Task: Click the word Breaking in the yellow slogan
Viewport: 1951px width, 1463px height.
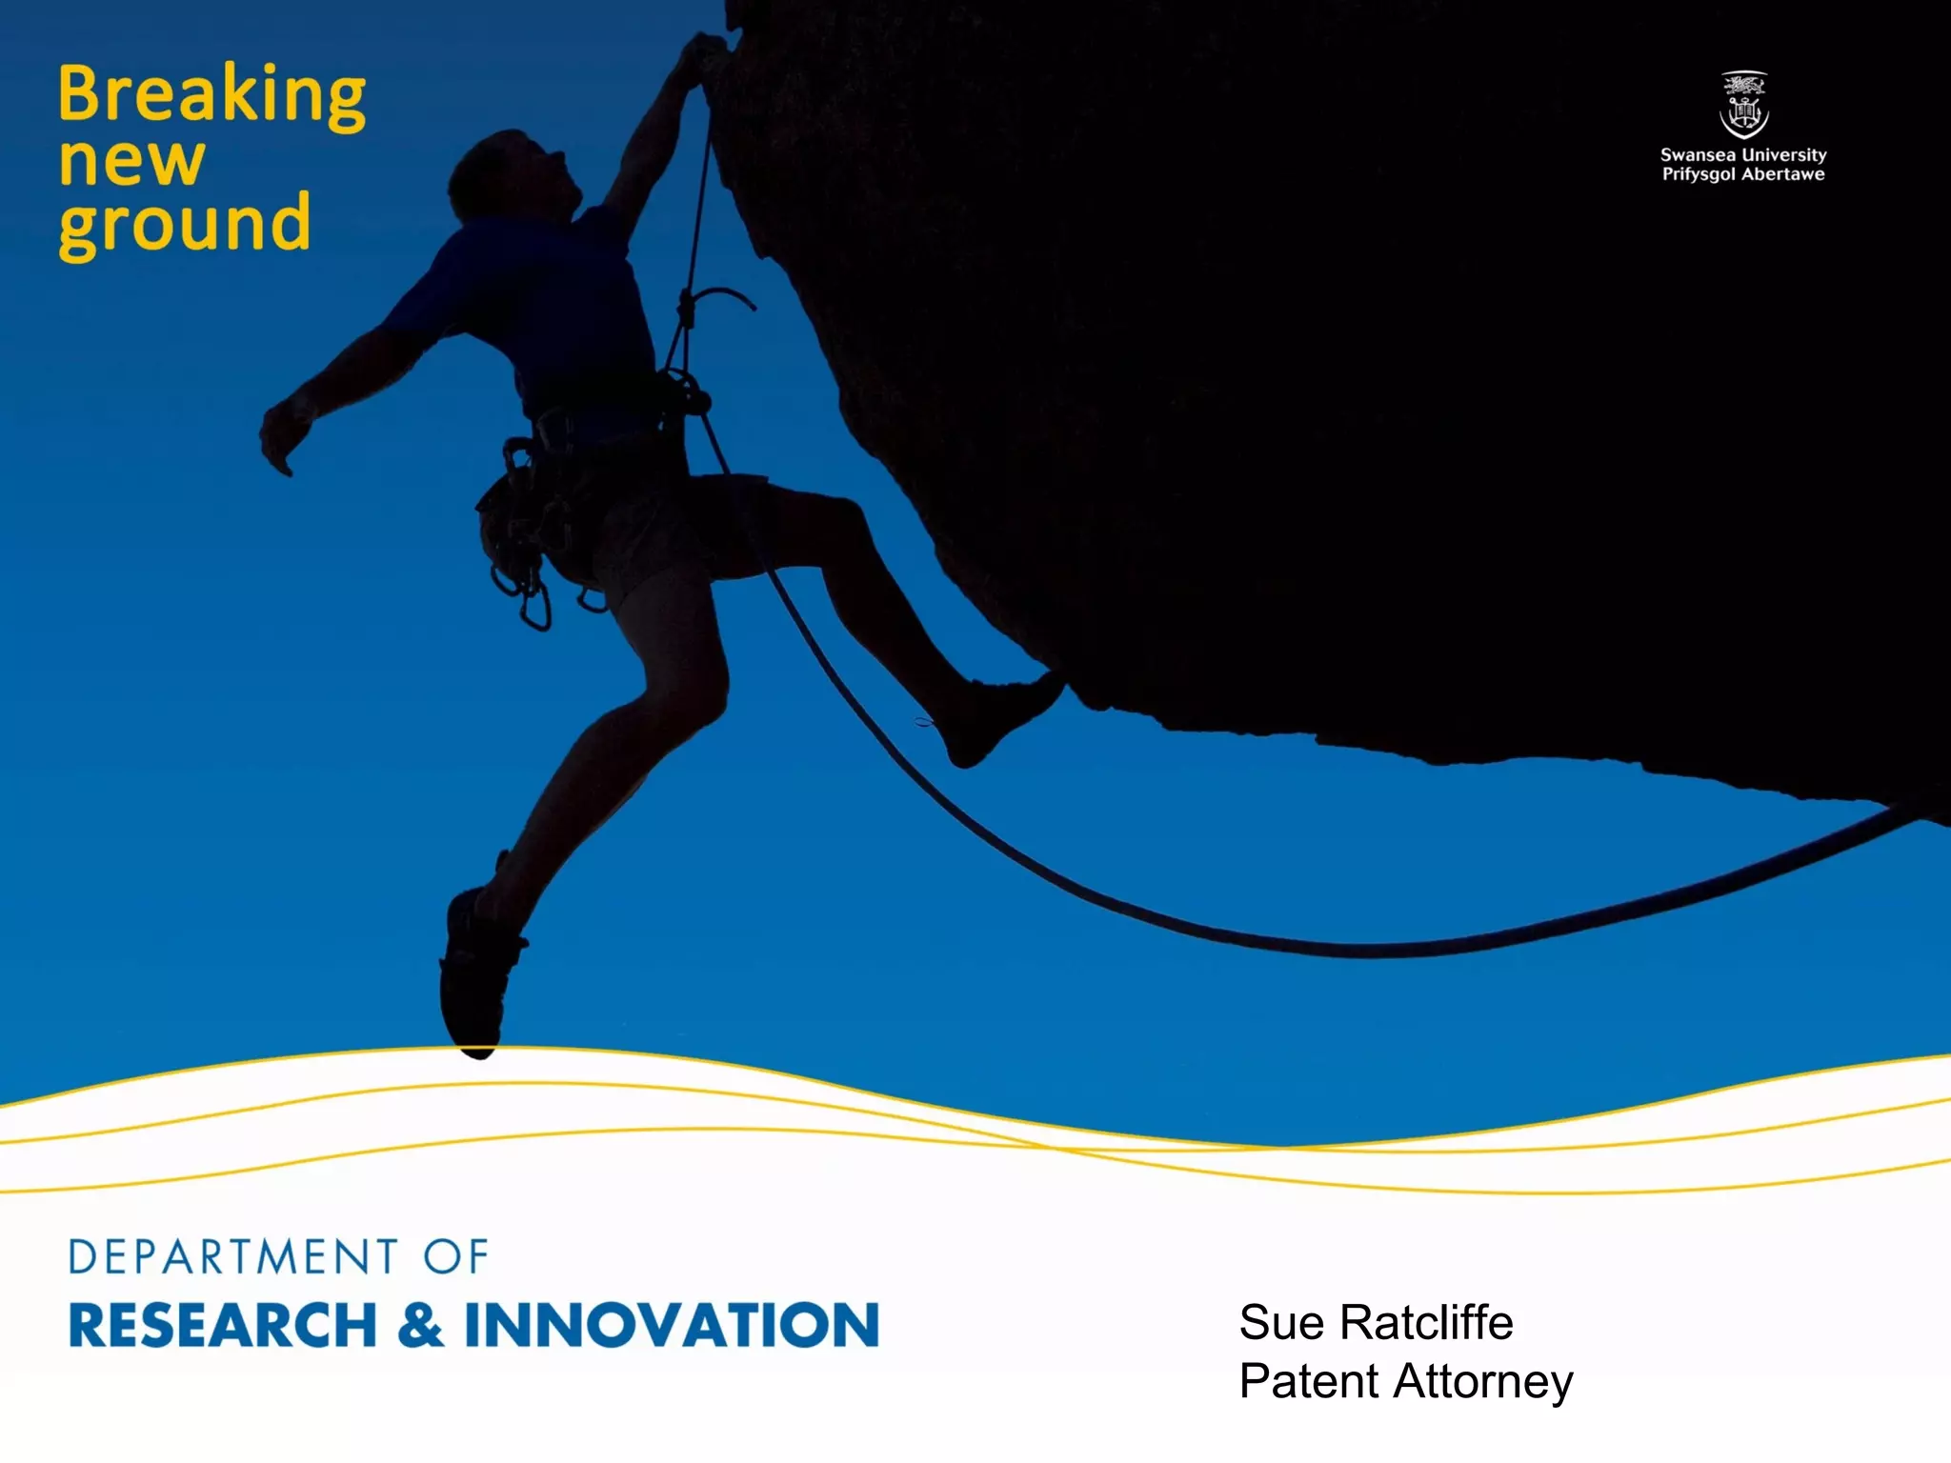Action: (211, 95)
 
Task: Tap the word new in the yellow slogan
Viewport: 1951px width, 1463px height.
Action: (131, 162)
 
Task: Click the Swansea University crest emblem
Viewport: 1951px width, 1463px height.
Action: (1743, 105)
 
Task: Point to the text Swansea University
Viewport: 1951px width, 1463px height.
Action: (1743, 154)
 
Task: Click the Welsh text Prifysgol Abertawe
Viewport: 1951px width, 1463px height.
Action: (1743, 174)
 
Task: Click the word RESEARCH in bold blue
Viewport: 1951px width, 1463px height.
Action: (223, 1325)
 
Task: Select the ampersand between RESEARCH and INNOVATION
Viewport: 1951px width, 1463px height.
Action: (420, 1325)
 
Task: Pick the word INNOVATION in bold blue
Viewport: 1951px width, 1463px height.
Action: (672, 1325)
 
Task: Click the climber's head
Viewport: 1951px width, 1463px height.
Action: (510, 176)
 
